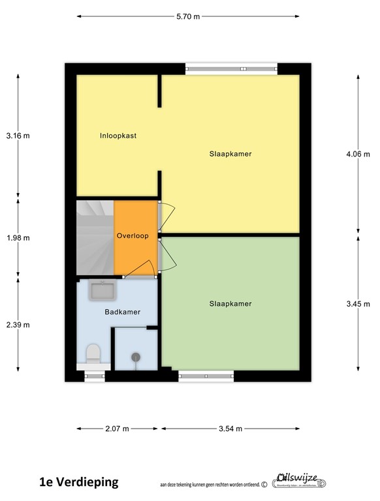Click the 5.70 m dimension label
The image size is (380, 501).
coord(189,16)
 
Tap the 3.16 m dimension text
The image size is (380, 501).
coord(18,136)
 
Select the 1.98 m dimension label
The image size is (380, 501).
coord(18,238)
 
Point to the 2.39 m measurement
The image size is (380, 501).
coord(18,324)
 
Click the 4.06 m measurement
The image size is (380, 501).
coord(358,155)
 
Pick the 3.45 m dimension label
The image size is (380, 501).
coord(358,303)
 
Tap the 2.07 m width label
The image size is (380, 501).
coord(118,429)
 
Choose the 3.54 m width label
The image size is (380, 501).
coord(230,429)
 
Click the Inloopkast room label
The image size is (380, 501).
coord(118,136)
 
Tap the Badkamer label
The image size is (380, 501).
coord(123,312)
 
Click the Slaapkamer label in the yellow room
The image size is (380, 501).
coord(230,154)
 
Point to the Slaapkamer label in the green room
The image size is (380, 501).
coord(230,303)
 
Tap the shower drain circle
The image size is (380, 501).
coord(136,357)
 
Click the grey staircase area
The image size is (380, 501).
coord(95,237)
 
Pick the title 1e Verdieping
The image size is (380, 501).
coord(79,482)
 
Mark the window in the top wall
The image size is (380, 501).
coord(231,68)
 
